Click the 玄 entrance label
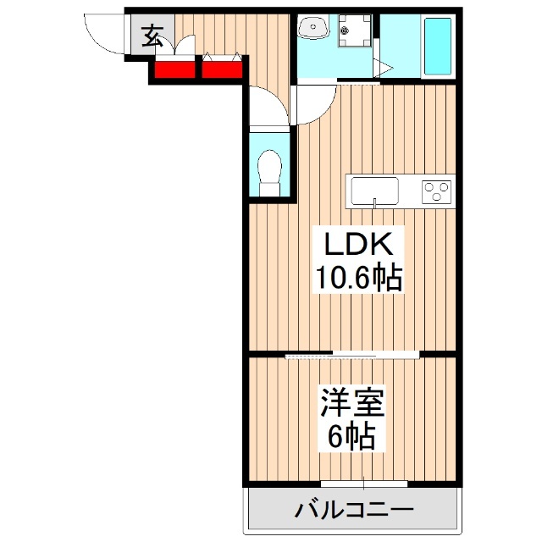152,36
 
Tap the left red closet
174,69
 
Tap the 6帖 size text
352,436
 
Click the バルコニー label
355,511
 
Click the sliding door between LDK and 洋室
352,354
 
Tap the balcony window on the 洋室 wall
365,484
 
